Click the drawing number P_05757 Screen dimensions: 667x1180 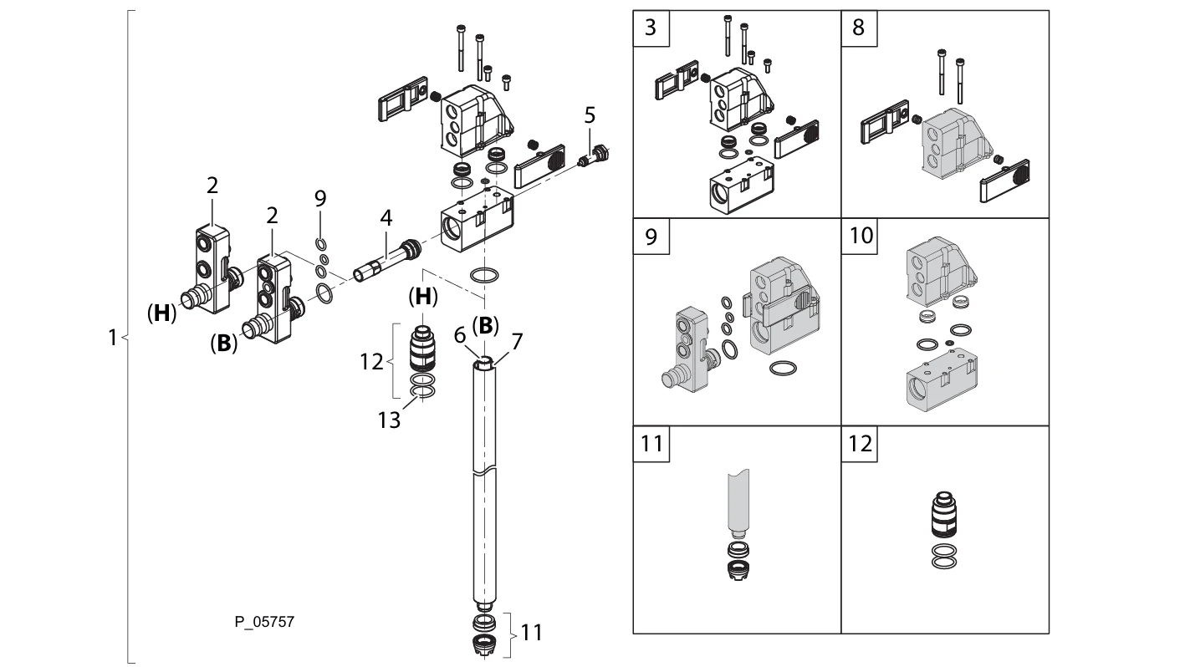(263, 622)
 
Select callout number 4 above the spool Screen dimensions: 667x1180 (385, 219)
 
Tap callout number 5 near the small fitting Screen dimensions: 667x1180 (589, 115)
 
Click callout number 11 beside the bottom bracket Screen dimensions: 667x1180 (532, 633)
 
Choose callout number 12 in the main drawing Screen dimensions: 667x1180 (373, 362)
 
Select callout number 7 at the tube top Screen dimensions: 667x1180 (516, 341)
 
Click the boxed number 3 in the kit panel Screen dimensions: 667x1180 (650, 27)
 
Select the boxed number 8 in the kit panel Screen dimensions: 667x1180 (857, 27)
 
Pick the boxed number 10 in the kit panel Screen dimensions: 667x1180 (861, 235)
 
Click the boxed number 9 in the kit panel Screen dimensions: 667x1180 (650, 235)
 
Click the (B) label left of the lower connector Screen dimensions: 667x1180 (223, 344)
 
